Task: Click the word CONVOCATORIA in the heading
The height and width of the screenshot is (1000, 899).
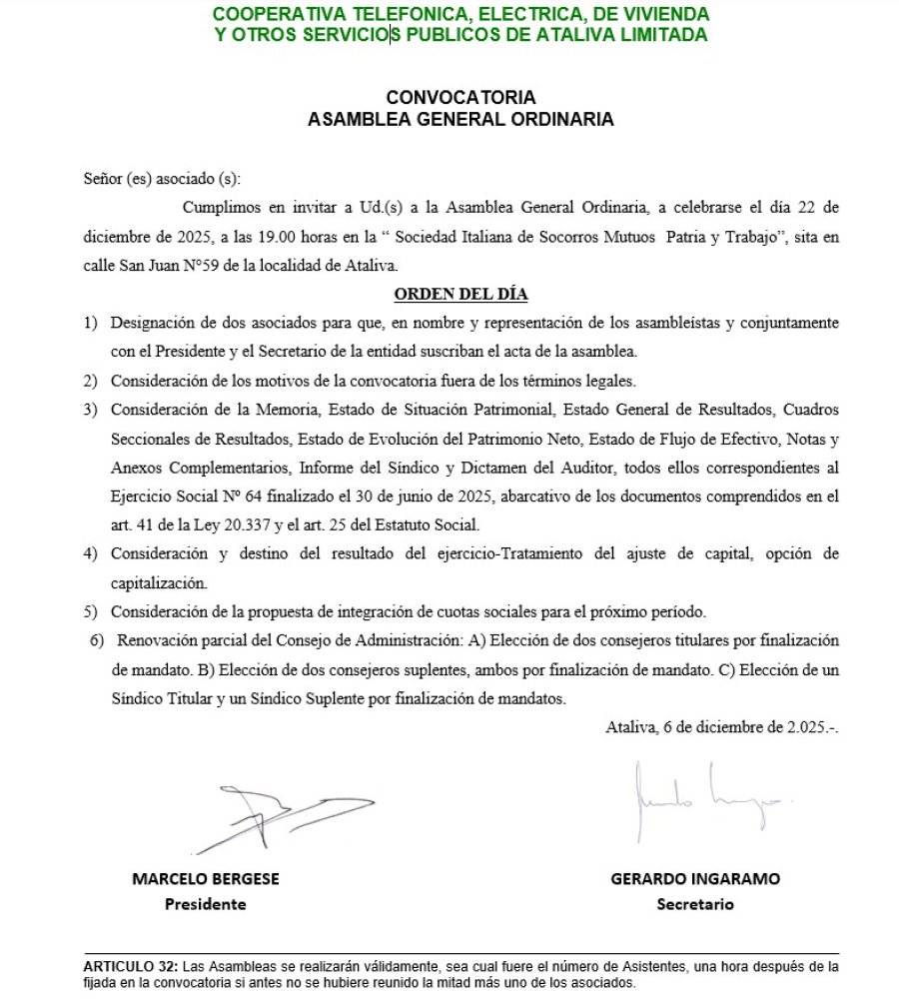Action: (x=460, y=98)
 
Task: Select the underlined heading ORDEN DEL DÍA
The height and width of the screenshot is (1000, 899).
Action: (x=460, y=295)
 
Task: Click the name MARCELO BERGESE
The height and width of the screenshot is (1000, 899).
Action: (x=206, y=879)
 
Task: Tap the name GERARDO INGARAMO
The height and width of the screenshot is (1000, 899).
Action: (x=695, y=879)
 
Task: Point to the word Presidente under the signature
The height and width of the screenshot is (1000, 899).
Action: (x=206, y=904)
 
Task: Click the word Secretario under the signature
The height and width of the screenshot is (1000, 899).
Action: (x=695, y=904)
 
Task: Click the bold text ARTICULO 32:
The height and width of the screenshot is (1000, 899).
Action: (x=130, y=967)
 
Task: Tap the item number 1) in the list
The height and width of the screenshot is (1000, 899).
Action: (x=91, y=324)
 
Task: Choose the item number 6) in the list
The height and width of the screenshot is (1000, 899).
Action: (x=97, y=640)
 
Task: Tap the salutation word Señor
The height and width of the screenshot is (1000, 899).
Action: (x=103, y=180)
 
